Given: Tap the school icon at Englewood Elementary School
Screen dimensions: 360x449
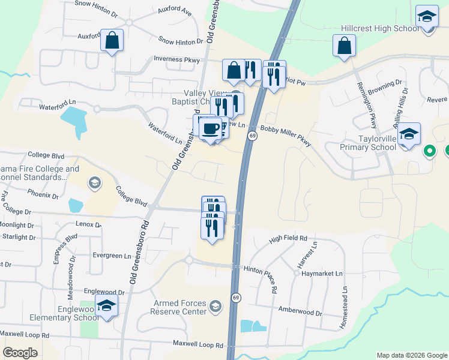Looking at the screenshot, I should point(107,307).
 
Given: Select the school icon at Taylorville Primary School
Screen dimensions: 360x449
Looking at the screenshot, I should point(409,134).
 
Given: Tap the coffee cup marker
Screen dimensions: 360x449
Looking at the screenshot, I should point(211,128).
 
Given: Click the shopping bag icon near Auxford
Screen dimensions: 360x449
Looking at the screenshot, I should point(112,41).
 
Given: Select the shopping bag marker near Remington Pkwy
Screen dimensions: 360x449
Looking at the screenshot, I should point(345,46).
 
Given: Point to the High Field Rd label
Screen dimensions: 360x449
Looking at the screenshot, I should point(288,239).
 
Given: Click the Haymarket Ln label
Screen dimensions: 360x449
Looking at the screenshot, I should point(322,273).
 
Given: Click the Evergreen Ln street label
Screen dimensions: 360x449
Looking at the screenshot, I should point(112,255).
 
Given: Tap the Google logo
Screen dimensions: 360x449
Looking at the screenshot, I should point(20,353).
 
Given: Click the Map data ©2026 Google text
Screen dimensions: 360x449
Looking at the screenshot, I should point(411,355).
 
